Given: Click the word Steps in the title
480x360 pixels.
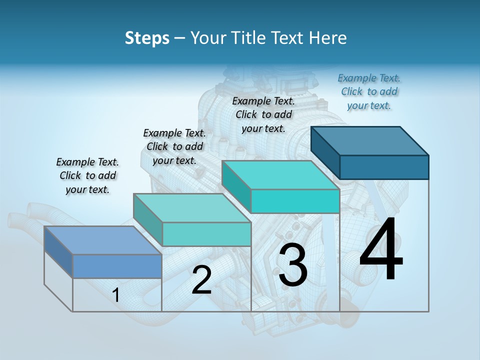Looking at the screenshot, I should pyautogui.click(x=147, y=38).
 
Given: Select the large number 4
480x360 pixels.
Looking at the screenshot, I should pyautogui.click(x=381, y=250).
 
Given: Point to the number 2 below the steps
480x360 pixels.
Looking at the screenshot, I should pyautogui.click(x=201, y=280).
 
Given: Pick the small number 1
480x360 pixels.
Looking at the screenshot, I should pyautogui.click(x=115, y=295).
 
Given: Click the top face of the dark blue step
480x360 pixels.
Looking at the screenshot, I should pyautogui.click(x=370, y=140).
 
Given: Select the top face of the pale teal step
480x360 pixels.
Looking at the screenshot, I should pyautogui.click(x=192, y=208).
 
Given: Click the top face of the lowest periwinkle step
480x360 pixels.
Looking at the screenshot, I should pyautogui.click(x=103, y=240).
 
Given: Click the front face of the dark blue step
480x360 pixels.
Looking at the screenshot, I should pyautogui.click(x=384, y=167).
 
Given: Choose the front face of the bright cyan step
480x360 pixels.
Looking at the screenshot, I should pyautogui.click(x=295, y=201).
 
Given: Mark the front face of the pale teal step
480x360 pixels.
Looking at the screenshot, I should pyautogui.click(x=206, y=234).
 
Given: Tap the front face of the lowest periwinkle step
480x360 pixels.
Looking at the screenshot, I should pyautogui.click(x=117, y=266).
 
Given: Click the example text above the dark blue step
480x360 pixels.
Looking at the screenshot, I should pyautogui.click(x=369, y=91).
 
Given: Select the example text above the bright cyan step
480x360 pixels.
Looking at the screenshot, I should pyautogui.click(x=263, y=114).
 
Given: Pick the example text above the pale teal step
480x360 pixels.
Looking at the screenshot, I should pyautogui.click(x=174, y=146).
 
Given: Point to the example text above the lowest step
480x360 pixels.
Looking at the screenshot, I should pyautogui.click(x=87, y=175).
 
